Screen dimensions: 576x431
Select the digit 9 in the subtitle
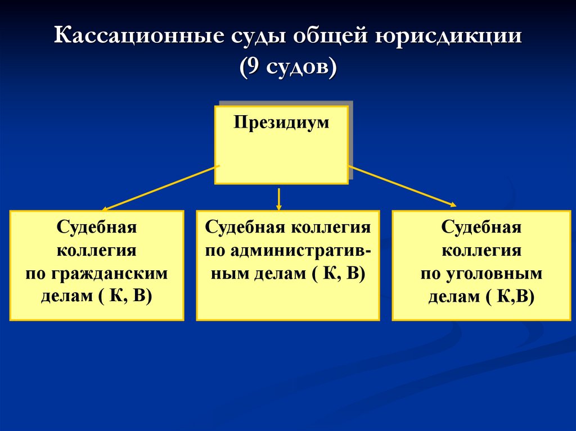coord(253,66)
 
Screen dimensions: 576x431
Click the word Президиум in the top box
coord(281,123)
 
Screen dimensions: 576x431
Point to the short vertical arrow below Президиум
coord(279,199)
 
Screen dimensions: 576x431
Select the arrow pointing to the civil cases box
coord(160,188)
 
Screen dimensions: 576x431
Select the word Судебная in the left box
coord(97,227)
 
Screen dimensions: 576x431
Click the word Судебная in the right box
coord(481,227)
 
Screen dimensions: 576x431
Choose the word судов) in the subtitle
coord(301,67)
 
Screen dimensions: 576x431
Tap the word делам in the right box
coord(454,297)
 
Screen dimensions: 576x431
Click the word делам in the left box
coord(67,297)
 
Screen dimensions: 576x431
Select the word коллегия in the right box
coord(481,251)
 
